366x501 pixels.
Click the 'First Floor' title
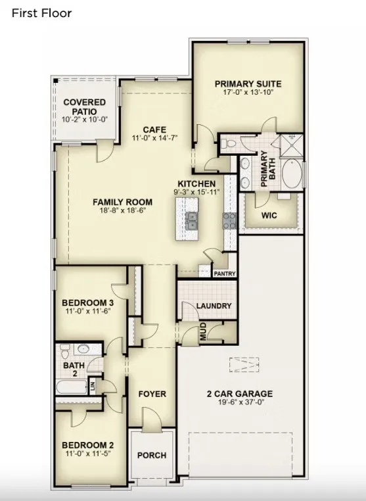coord(41,13)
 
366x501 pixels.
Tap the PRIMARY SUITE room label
coord(248,84)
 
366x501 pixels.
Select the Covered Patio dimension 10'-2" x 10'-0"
coord(85,120)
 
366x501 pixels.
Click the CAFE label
coord(154,130)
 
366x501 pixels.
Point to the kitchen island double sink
coord(191,221)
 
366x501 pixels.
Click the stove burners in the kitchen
coord(229,221)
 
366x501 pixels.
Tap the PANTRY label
coord(225,274)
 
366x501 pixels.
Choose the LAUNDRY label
coord(214,306)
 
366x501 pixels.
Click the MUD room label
coord(203,331)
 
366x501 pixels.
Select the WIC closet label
coord(269,216)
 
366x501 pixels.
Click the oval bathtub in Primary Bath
coord(292,174)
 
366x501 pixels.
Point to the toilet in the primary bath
coord(228,143)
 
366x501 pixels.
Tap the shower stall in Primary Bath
coord(291,146)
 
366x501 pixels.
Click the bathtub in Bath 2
coord(72,387)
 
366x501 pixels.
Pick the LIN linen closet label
coord(93,387)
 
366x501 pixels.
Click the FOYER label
coord(152,394)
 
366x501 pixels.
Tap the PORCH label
coord(152,456)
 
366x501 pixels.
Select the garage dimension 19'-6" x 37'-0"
coord(241,402)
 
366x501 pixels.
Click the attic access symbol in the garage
coord(244,364)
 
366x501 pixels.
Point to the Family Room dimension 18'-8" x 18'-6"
coord(123,210)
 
